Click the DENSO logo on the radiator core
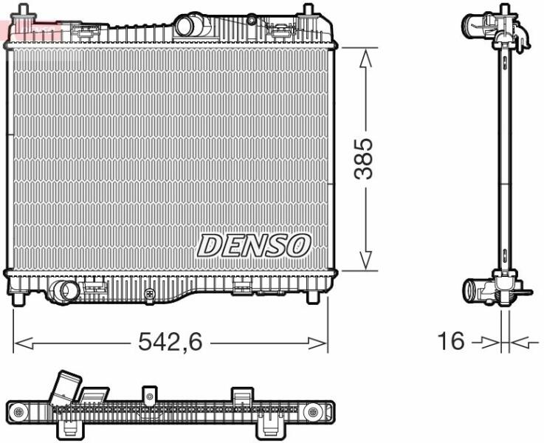click(254, 245)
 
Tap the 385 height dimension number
click(363, 159)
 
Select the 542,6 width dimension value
click(170, 341)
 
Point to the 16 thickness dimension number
click(451, 340)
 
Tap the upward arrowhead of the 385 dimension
click(365, 58)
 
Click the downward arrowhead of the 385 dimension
click(365, 261)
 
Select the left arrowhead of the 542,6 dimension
click(24, 343)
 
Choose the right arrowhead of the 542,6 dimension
click(317, 343)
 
